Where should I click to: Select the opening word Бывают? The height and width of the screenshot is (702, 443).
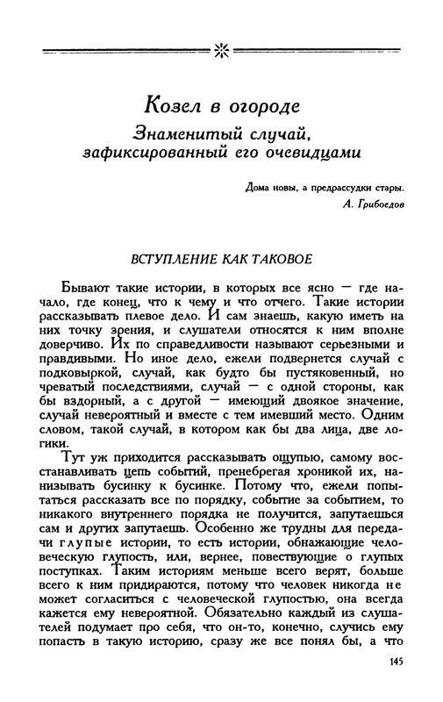[x=86, y=287]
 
